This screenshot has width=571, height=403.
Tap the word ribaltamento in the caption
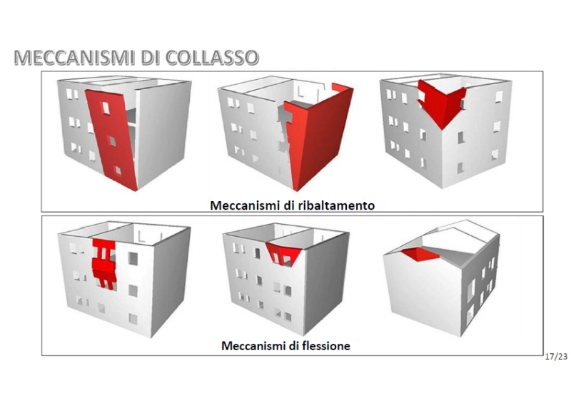pyautogui.click(x=336, y=205)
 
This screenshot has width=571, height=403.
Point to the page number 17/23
pyautogui.click(x=556, y=357)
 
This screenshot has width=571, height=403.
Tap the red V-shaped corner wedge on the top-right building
pyautogui.click(x=441, y=103)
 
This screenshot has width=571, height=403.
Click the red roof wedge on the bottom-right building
pyautogui.click(x=420, y=255)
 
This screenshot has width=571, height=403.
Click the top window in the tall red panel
pyautogui.click(x=106, y=108)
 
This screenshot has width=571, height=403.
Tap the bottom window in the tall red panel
pyautogui.click(x=117, y=170)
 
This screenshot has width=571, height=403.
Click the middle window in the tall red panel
pyautogui.click(x=112, y=141)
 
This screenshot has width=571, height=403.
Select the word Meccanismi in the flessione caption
pyautogui.click(x=253, y=345)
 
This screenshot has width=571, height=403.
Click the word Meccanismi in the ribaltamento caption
pyautogui.click(x=245, y=205)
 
